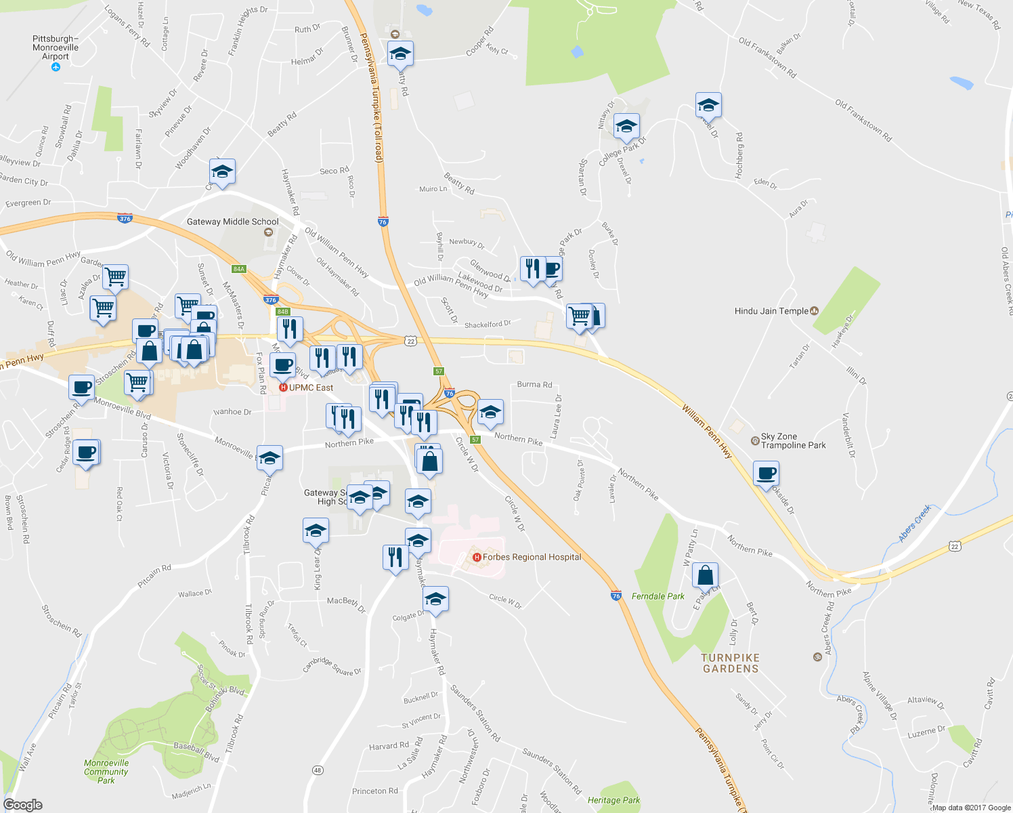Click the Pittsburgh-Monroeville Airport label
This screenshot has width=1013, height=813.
pyautogui.click(x=56, y=47)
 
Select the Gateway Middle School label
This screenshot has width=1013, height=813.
pyautogui.click(x=232, y=222)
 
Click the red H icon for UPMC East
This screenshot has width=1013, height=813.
pyautogui.click(x=283, y=388)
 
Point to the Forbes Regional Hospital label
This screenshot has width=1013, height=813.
pyautogui.click(x=532, y=557)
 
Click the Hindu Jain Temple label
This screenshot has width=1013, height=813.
pyautogui.click(x=771, y=311)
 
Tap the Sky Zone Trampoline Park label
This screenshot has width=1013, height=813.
pyautogui.click(x=793, y=441)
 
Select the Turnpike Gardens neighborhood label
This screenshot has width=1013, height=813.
pyautogui.click(x=731, y=663)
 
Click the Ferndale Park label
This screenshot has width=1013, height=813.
pyautogui.click(x=658, y=596)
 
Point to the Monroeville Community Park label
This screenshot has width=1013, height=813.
pyautogui.click(x=106, y=771)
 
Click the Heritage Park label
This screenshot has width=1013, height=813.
pyautogui.click(x=613, y=800)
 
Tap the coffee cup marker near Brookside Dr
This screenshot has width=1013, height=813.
pyautogui.click(x=766, y=474)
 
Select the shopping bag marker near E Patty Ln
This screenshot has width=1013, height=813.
pyautogui.click(x=705, y=576)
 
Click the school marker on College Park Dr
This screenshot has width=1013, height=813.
pyautogui.click(x=626, y=127)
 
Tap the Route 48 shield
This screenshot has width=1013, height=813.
pyautogui.click(x=318, y=770)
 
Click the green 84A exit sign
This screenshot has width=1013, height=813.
pyautogui.click(x=238, y=269)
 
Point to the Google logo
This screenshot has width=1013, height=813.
pyautogui.click(x=22, y=805)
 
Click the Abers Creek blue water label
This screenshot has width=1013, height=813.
pyautogui.click(x=915, y=523)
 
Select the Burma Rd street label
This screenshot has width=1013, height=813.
pyautogui.click(x=534, y=384)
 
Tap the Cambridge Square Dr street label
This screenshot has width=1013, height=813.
pyautogui.click(x=332, y=666)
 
